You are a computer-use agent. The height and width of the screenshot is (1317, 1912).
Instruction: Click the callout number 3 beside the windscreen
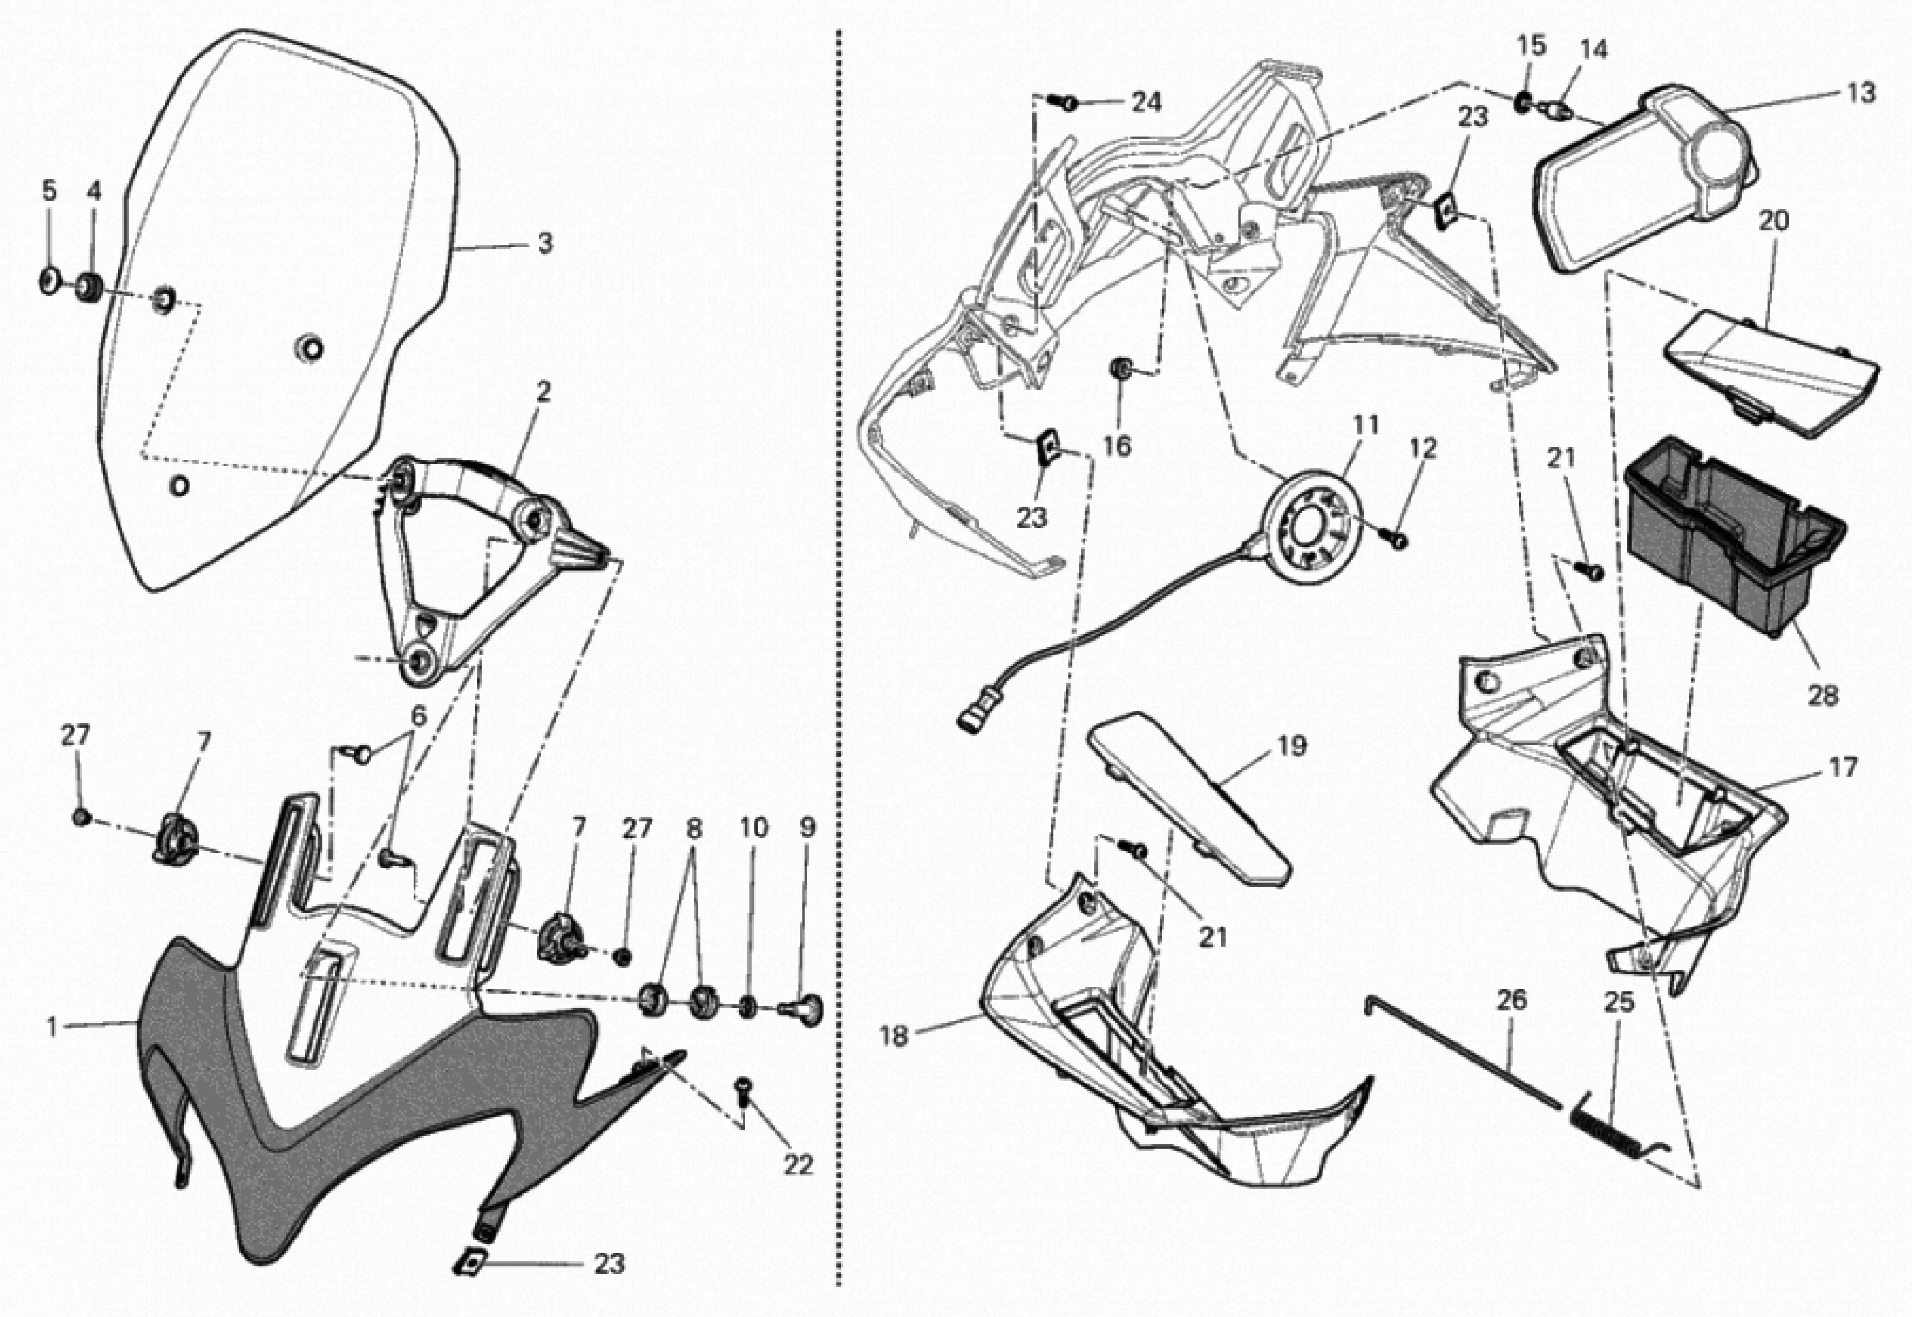(545, 244)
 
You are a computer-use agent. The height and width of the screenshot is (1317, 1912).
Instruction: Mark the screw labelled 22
(744, 1091)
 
